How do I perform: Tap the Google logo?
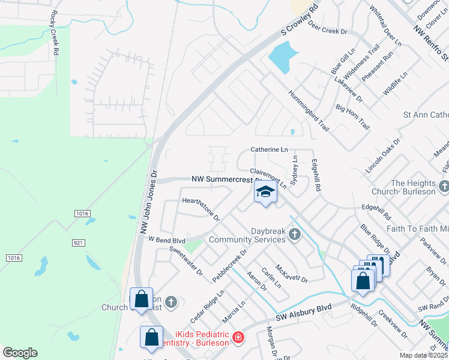[20, 353]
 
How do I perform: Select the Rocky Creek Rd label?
[55, 34]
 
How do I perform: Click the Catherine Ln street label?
[268, 149]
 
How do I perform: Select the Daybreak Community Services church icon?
[294, 233]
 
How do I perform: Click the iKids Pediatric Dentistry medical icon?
[239, 338]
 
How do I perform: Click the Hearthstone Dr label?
[200, 209]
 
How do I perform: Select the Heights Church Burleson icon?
[444, 187]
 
